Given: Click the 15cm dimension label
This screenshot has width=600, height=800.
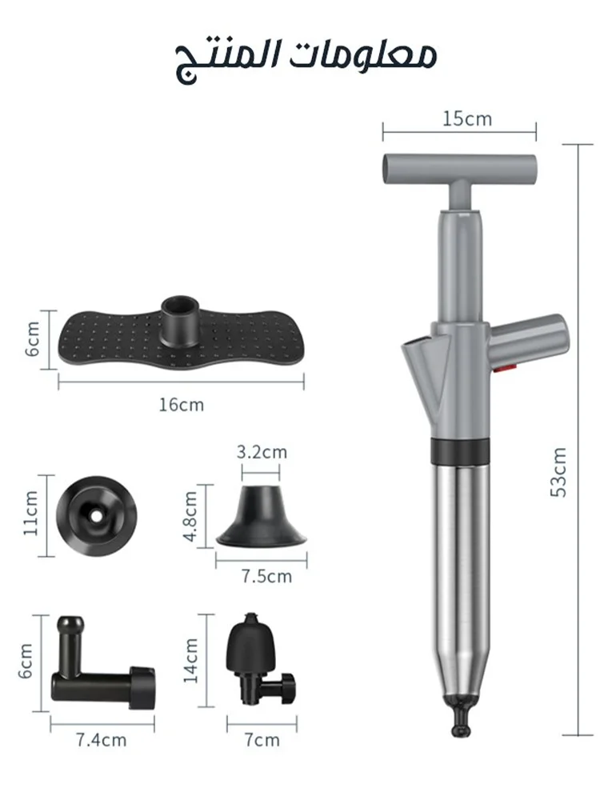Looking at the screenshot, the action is (467, 119).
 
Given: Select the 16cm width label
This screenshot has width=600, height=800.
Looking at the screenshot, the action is (181, 405).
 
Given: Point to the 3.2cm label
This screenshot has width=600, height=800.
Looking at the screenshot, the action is (262, 452).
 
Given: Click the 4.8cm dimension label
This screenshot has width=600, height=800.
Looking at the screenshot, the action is (190, 516).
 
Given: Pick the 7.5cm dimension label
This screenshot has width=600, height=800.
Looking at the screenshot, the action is (266, 577).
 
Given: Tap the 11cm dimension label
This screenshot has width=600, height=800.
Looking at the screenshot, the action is (30, 514).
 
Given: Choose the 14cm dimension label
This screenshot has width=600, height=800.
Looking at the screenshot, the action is (191, 661).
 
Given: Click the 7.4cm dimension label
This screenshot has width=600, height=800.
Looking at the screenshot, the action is (101, 740).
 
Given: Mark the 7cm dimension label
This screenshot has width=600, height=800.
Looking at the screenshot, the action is (262, 740).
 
